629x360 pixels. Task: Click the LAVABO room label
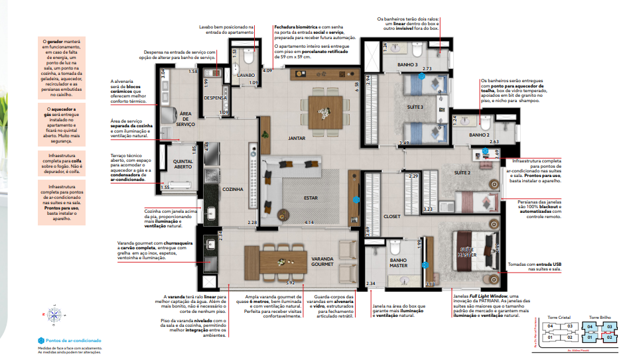246,76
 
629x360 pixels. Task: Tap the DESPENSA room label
216,97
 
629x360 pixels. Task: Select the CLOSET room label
392,216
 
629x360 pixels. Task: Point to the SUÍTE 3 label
415,106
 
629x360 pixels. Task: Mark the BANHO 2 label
479,135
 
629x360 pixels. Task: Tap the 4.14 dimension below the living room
309,222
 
